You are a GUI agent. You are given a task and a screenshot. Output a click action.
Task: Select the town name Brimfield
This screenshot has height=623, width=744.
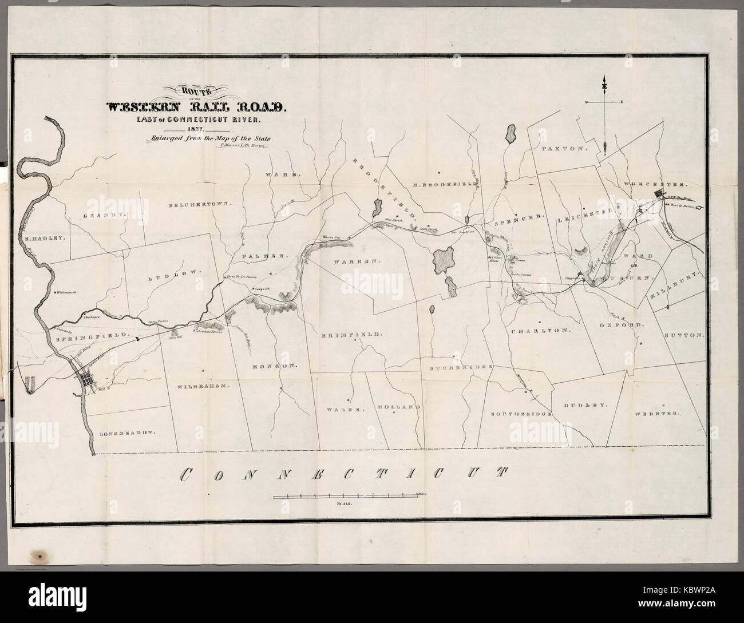(x=351, y=334)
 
